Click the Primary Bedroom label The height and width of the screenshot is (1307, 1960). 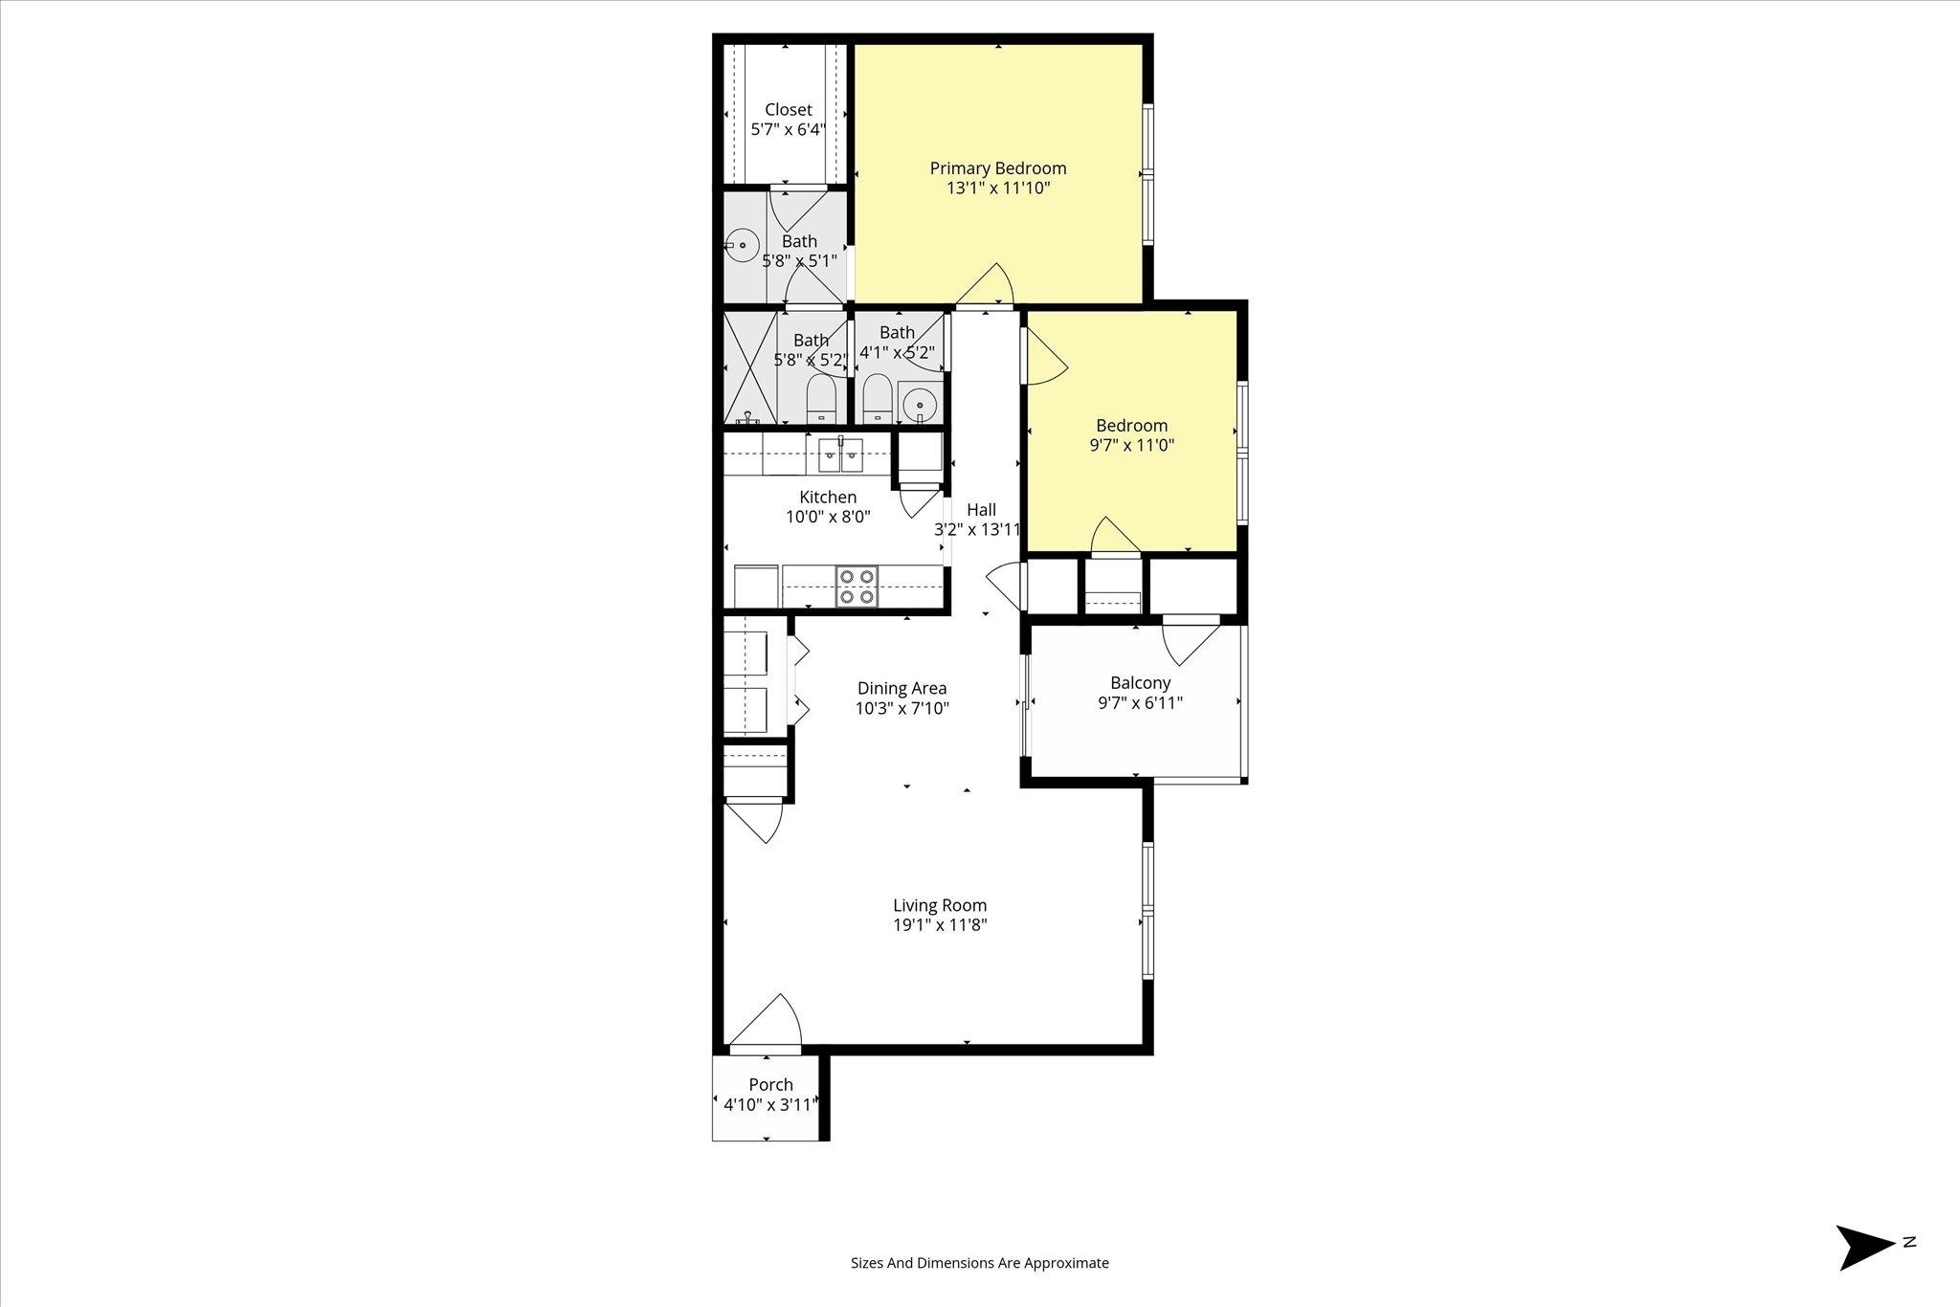pyautogui.click(x=998, y=168)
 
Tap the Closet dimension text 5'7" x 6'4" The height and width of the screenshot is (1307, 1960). pyautogui.click(x=788, y=129)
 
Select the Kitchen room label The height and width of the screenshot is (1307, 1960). pyautogui.click(x=828, y=498)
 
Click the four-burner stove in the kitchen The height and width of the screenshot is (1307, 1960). pyautogui.click(x=857, y=587)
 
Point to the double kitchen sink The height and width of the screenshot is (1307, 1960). pyautogui.click(x=840, y=455)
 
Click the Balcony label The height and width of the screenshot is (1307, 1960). pyautogui.click(x=1141, y=683)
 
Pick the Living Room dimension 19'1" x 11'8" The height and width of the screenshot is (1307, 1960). pyautogui.click(x=940, y=925)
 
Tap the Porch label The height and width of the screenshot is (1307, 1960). pyautogui.click(x=770, y=1085)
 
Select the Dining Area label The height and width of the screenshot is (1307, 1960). pyautogui.click(x=902, y=688)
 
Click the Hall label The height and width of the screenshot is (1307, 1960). pyautogui.click(x=981, y=510)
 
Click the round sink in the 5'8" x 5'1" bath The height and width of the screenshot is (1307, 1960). pyautogui.click(x=742, y=245)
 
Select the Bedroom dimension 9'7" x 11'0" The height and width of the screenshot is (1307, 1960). pyautogui.click(x=1132, y=445)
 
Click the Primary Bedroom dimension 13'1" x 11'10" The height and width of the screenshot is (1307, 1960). pyautogui.click(x=998, y=188)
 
